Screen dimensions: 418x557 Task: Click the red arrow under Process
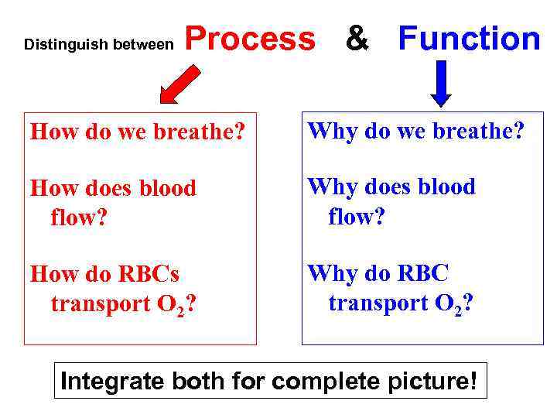[x=180, y=83]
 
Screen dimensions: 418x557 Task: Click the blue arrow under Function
[x=441, y=83]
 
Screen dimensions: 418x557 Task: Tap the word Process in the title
[x=250, y=39]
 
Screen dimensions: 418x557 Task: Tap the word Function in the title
[x=469, y=39]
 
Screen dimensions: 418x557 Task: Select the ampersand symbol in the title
[x=357, y=39]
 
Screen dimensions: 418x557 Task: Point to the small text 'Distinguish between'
[x=99, y=45]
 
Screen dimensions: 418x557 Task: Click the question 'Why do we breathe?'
[x=416, y=131]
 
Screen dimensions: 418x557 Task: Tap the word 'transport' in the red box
[x=101, y=303]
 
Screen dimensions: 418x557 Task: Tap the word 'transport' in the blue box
[x=378, y=303]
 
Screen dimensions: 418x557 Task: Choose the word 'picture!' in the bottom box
[x=440, y=381]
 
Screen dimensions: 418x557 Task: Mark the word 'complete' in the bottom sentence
[x=344, y=381]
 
